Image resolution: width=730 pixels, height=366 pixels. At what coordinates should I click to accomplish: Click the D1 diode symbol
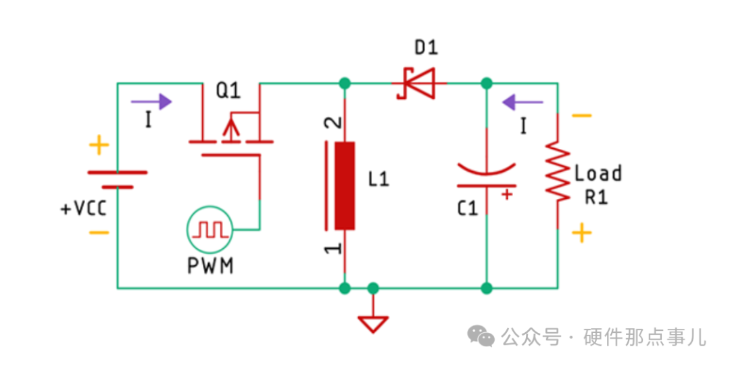pos(416,83)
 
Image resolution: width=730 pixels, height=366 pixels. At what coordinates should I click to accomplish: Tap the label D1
pos(426,48)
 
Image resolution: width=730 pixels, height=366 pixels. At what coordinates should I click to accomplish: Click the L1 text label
pos(379,180)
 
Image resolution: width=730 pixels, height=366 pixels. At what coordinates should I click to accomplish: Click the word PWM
pos(210,266)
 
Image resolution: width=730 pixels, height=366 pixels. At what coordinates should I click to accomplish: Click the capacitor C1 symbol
pos(487,175)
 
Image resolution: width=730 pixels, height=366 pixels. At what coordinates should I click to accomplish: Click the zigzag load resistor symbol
pos(558,172)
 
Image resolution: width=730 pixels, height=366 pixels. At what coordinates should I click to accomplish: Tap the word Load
pos(598,174)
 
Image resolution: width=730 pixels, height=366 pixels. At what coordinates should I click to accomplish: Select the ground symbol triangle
pos(372,323)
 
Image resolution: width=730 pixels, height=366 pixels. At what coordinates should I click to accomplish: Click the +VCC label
pos(84,208)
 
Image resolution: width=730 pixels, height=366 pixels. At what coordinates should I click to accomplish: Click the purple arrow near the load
pos(522,102)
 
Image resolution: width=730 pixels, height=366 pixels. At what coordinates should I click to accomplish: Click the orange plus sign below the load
pos(581,233)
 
